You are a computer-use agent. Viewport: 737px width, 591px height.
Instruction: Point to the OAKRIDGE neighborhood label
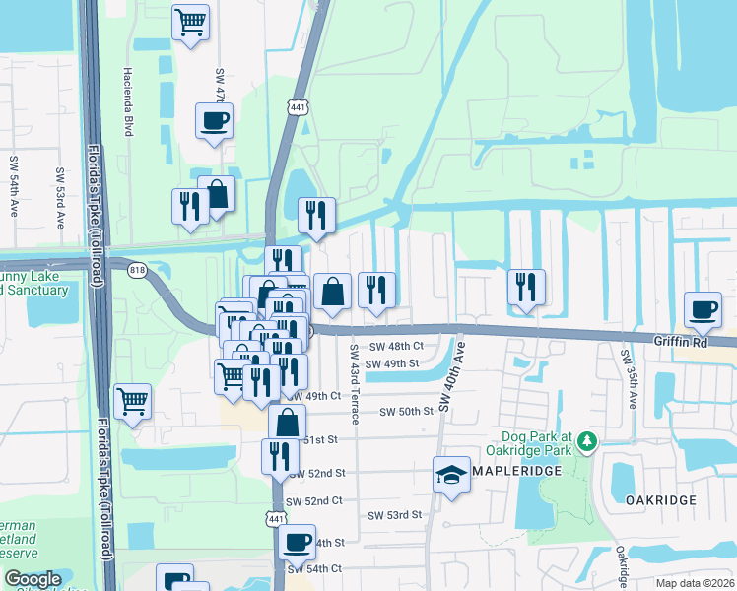click(661, 500)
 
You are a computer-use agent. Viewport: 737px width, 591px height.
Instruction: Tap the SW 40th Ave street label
click(449, 378)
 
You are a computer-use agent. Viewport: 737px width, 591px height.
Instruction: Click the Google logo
click(33, 579)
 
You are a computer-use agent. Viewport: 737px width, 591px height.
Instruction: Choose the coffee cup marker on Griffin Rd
click(703, 309)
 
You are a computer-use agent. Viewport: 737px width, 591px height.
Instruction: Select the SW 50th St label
click(407, 411)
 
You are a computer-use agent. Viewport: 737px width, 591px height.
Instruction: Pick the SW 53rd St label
click(395, 514)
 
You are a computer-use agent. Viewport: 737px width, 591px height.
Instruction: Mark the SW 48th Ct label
click(396, 346)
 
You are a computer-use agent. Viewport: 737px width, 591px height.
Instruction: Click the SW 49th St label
click(393, 363)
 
